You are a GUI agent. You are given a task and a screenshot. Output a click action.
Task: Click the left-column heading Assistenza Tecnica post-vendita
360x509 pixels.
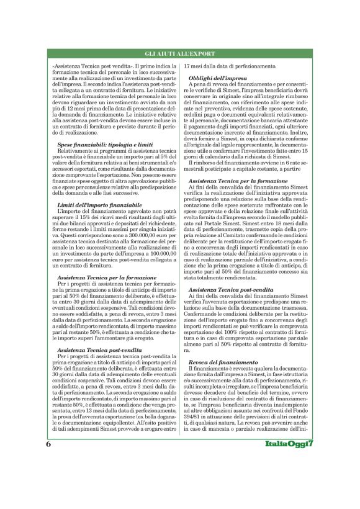[97, 351]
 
